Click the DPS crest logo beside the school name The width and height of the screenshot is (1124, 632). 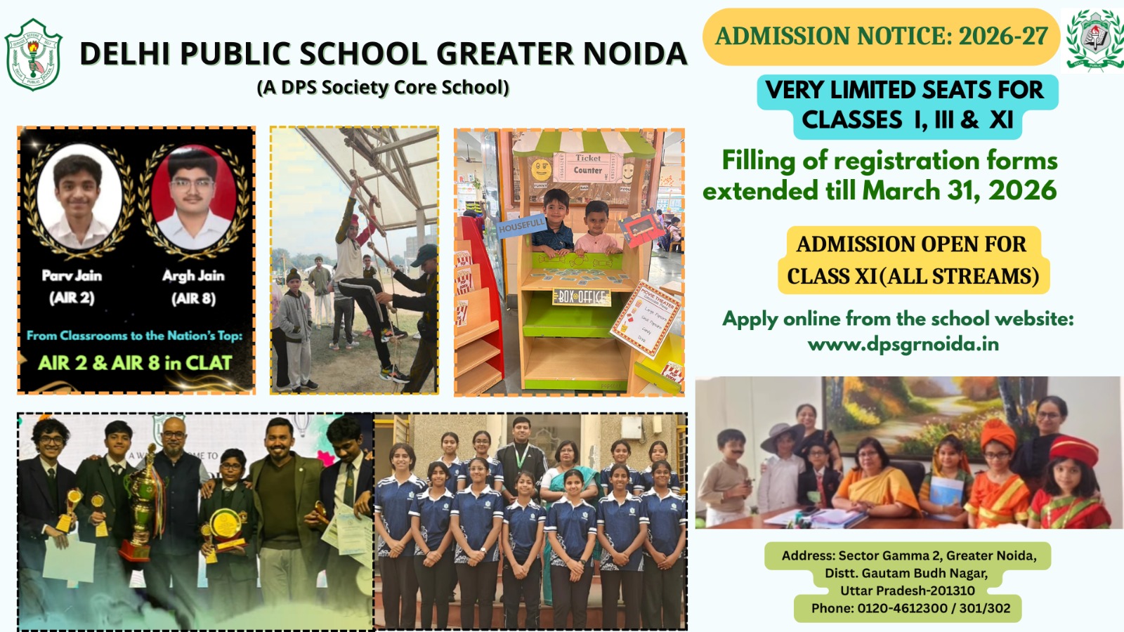click(33, 55)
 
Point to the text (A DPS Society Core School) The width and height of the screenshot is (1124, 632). click(383, 87)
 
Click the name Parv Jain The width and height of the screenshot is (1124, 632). click(72, 275)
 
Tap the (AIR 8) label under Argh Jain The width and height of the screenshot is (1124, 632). click(193, 298)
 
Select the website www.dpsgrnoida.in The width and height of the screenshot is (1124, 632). click(903, 344)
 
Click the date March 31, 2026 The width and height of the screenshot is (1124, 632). click(959, 190)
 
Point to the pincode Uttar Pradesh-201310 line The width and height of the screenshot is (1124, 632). click(907, 591)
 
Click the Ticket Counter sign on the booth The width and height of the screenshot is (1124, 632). click(588, 164)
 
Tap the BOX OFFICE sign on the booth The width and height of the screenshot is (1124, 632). click(581, 296)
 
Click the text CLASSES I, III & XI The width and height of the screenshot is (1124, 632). click(907, 120)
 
